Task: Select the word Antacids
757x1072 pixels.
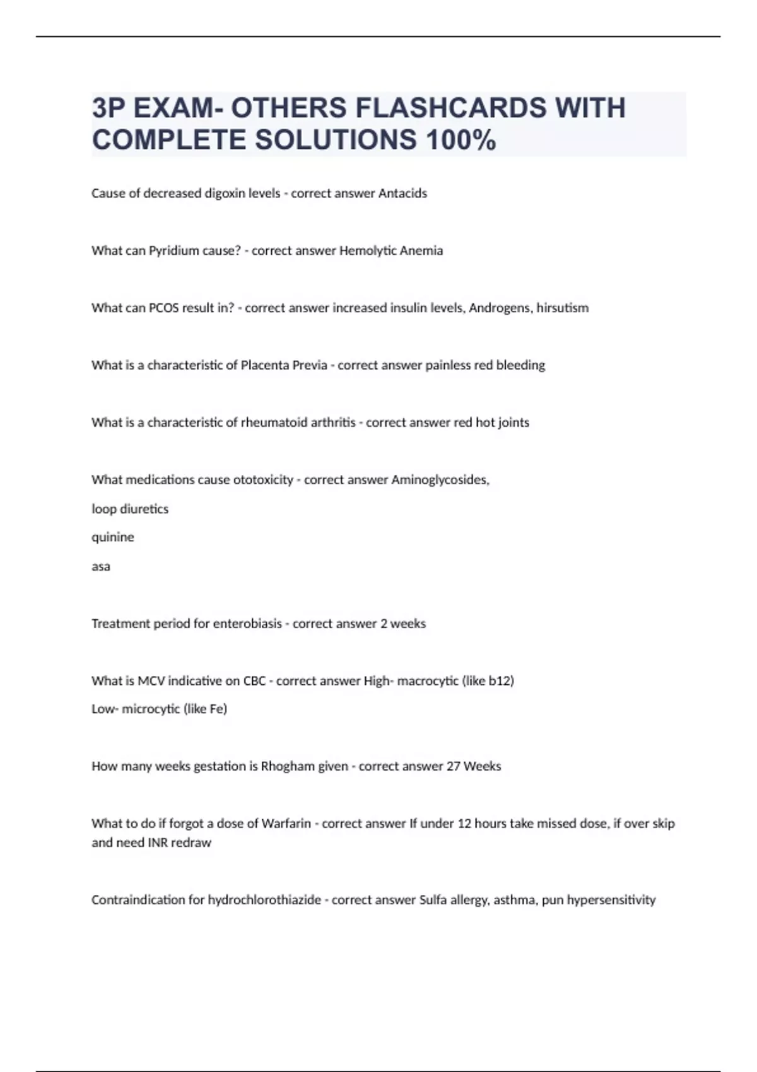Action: tap(402, 194)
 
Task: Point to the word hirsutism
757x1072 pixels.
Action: tap(562, 308)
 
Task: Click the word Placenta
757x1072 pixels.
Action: tap(264, 365)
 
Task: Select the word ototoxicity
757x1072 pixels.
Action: tap(263, 480)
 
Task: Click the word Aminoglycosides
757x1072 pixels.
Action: tap(440, 480)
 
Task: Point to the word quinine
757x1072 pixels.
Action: tap(113, 537)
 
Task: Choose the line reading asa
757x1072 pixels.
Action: tap(101, 566)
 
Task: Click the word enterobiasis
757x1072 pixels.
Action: tap(247, 624)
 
